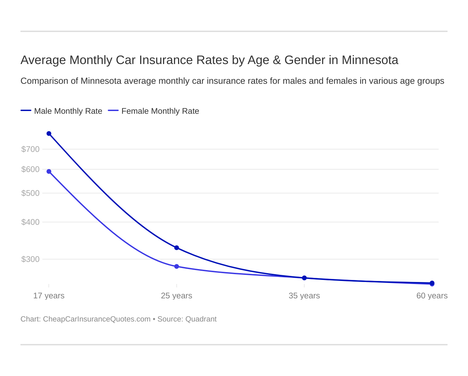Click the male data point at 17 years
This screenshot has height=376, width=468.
[49, 134]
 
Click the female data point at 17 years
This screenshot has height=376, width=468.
[49, 171]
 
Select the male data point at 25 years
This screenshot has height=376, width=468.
[176, 248]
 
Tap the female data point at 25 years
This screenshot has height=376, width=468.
[176, 266]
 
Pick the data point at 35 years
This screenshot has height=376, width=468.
[304, 278]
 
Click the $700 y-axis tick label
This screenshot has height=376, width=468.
[30, 149]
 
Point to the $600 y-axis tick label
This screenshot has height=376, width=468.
[30, 169]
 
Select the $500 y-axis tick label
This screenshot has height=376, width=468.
[30, 193]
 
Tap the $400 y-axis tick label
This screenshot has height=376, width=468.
[30, 222]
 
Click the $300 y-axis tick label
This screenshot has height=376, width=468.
[30, 259]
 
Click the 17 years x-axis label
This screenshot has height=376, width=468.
[49, 296]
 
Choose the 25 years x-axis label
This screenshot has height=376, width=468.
[176, 296]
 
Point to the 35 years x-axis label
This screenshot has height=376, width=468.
[304, 296]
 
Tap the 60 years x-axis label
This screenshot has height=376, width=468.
[432, 296]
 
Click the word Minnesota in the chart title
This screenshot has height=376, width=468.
[370, 60]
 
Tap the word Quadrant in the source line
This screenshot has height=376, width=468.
[201, 319]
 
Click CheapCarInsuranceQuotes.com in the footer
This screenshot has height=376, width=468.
[97, 319]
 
